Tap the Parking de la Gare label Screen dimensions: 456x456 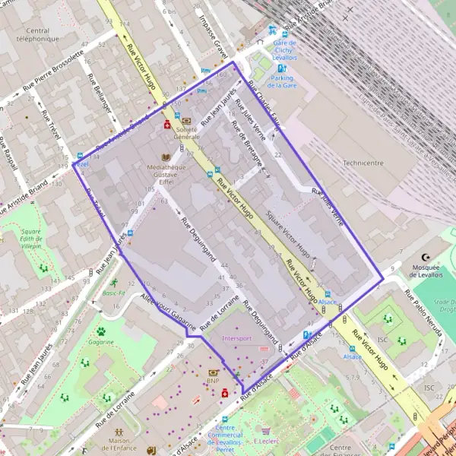282,82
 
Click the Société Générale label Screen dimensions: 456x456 185,133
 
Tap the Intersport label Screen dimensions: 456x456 237,338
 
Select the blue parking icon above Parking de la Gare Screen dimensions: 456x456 282,68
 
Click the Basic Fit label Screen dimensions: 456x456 114,293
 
